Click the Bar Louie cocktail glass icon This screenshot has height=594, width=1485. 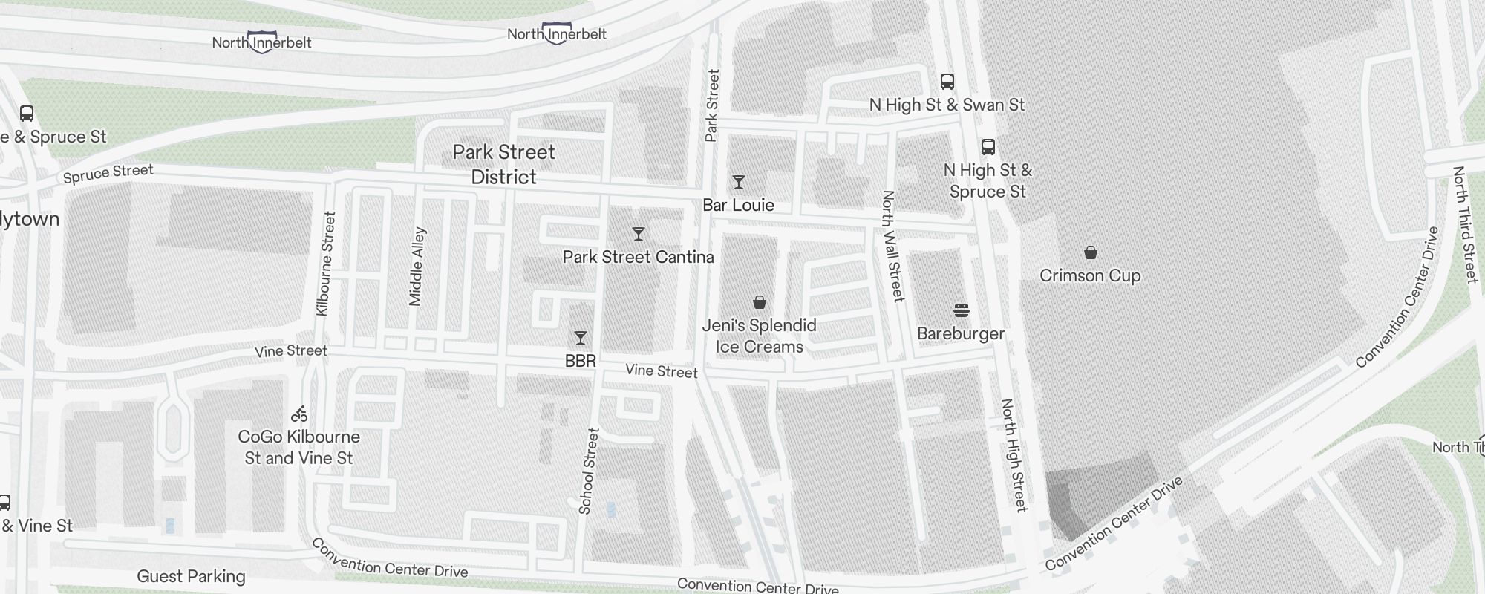click(738, 182)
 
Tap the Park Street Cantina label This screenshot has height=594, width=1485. click(638, 257)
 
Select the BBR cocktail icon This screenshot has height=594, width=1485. click(581, 338)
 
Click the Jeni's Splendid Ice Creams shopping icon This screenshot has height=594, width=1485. click(759, 302)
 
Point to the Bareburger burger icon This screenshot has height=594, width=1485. click(961, 310)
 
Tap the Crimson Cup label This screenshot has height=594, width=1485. click(1089, 275)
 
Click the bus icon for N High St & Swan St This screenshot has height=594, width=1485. click(947, 82)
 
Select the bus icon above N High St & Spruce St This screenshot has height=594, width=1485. click(988, 146)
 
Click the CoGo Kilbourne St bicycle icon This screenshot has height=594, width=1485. click(299, 414)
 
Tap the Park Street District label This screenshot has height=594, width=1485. click(503, 164)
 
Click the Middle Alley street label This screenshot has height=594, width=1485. click(417, 266)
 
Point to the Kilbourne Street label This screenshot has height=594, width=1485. click(326, 264)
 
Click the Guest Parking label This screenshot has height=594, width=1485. click(191, 576)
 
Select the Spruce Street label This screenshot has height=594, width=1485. click(108, 173)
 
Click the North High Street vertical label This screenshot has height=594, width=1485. click(1013, 454)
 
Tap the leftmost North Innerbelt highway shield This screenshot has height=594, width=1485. click(261, 42)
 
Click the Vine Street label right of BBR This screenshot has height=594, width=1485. click(661, 371)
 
